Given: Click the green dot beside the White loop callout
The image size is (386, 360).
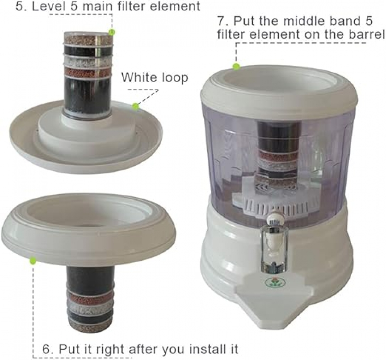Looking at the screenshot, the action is point(135,107).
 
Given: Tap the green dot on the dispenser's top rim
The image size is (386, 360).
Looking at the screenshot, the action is point(236,66).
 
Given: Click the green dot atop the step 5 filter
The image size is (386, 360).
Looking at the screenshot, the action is point(112,32).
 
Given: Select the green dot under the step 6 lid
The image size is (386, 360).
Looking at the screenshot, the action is point(32,261).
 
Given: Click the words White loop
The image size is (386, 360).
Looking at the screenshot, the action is point(155,78).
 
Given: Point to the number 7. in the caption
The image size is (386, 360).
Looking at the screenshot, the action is point(223,21).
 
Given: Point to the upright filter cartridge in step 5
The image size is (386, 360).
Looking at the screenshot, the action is point(87,74).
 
